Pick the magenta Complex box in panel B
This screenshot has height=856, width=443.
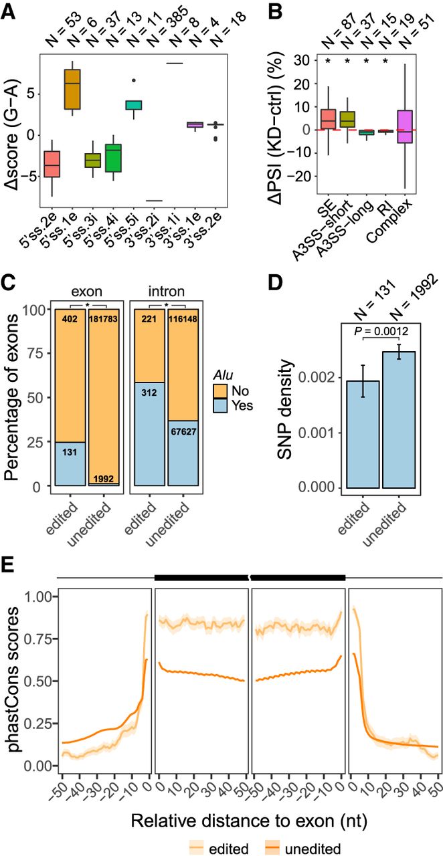[x=405, y=126]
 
